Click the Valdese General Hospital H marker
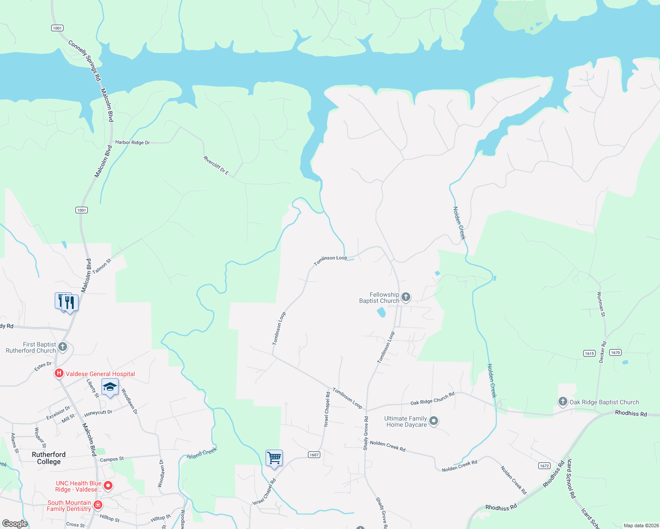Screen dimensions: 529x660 [x=59, y=374]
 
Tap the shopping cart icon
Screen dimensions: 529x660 [x=274, y=458]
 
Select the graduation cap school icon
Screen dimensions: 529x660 [x=110, y=387]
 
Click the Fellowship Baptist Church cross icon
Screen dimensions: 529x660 [x=406, y=297]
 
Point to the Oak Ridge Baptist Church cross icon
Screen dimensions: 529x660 [x=562, y=402]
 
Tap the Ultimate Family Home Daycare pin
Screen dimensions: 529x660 [x=434, y=421]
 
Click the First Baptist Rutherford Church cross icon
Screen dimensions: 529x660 [x=63, y=346]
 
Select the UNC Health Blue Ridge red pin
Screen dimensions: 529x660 [x=108, y=486]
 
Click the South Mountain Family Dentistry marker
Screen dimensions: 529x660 [x=98, y=505]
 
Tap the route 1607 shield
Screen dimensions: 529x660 [x=314, y=454]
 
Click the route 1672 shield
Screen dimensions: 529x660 [x=544, y=466]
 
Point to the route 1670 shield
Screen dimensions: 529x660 [x=615, y=352]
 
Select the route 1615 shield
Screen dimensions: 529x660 [x=589, y=353]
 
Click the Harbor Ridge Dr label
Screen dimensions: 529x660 [x=132, y=142]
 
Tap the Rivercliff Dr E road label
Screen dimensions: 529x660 [x=216, y=165]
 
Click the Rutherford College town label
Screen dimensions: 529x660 [x=49, y=458]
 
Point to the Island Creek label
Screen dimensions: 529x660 [x=202, y=453]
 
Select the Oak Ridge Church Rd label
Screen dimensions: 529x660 [x=432, y=399]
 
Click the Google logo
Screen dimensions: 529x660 [x=15, y=523]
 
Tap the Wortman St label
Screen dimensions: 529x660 [x=601, y=304]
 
